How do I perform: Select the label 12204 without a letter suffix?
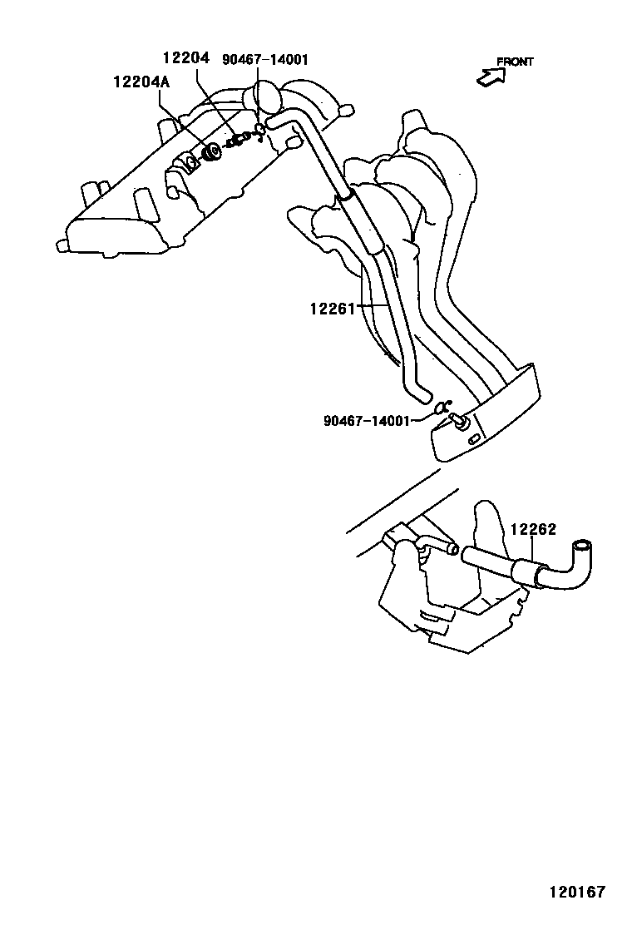click(185, 58)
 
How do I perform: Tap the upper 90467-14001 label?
click(265, 59)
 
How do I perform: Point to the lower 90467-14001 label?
click(367, 421)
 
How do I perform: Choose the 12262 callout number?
click(532, 529)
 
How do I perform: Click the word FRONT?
click(515, 62)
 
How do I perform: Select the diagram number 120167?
click(576, 893)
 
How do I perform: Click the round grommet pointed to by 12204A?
click(211, 152)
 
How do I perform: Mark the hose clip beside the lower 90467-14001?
click(441, 408)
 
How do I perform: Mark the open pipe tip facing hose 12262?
click(452, 548)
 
